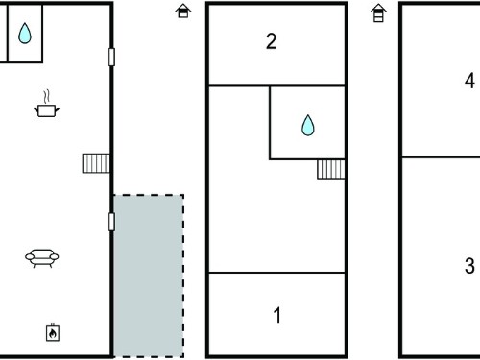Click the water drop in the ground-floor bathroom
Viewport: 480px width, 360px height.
25,33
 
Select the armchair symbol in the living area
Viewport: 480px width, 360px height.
42,257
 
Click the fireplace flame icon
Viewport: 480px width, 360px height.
53,333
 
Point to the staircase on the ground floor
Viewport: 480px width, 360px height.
96,163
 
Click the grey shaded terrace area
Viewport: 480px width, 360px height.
149,276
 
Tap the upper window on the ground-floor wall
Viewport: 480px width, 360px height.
111,57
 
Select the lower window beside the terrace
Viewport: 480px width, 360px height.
111,222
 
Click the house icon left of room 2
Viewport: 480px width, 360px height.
183,11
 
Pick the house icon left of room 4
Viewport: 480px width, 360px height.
378,12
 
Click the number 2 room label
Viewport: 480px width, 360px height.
271,41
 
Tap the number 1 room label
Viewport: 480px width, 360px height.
277,315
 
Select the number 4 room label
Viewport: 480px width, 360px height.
469,81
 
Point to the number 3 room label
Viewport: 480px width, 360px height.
469,266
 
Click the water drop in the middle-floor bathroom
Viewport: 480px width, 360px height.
308,125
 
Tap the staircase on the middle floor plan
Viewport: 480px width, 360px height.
331,169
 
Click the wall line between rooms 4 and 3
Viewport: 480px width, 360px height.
441,157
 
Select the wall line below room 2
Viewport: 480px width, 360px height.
276,85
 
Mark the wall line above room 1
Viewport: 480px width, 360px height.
276,273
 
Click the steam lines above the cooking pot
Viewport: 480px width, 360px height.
47,96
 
